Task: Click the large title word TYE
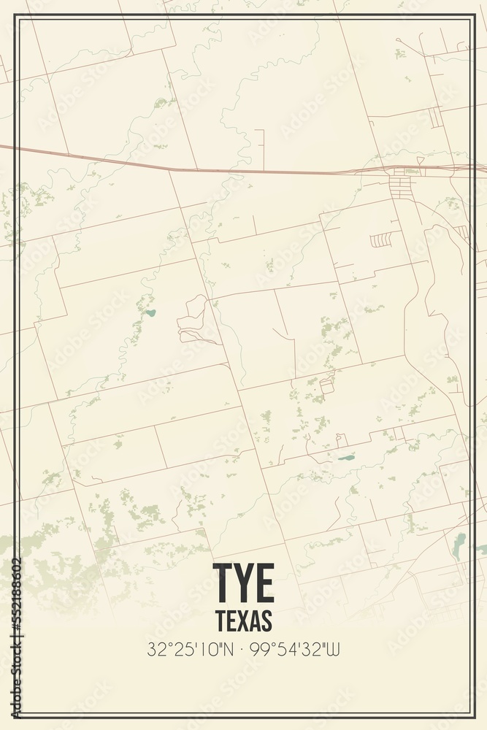[243, 583]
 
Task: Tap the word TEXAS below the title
[244, 620]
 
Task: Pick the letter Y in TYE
[244, 583]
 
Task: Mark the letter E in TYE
[264, 583]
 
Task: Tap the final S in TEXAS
[266, 620]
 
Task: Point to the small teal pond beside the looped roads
[150, 313]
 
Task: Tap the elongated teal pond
[345, 458]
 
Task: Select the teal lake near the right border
[459, 544]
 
